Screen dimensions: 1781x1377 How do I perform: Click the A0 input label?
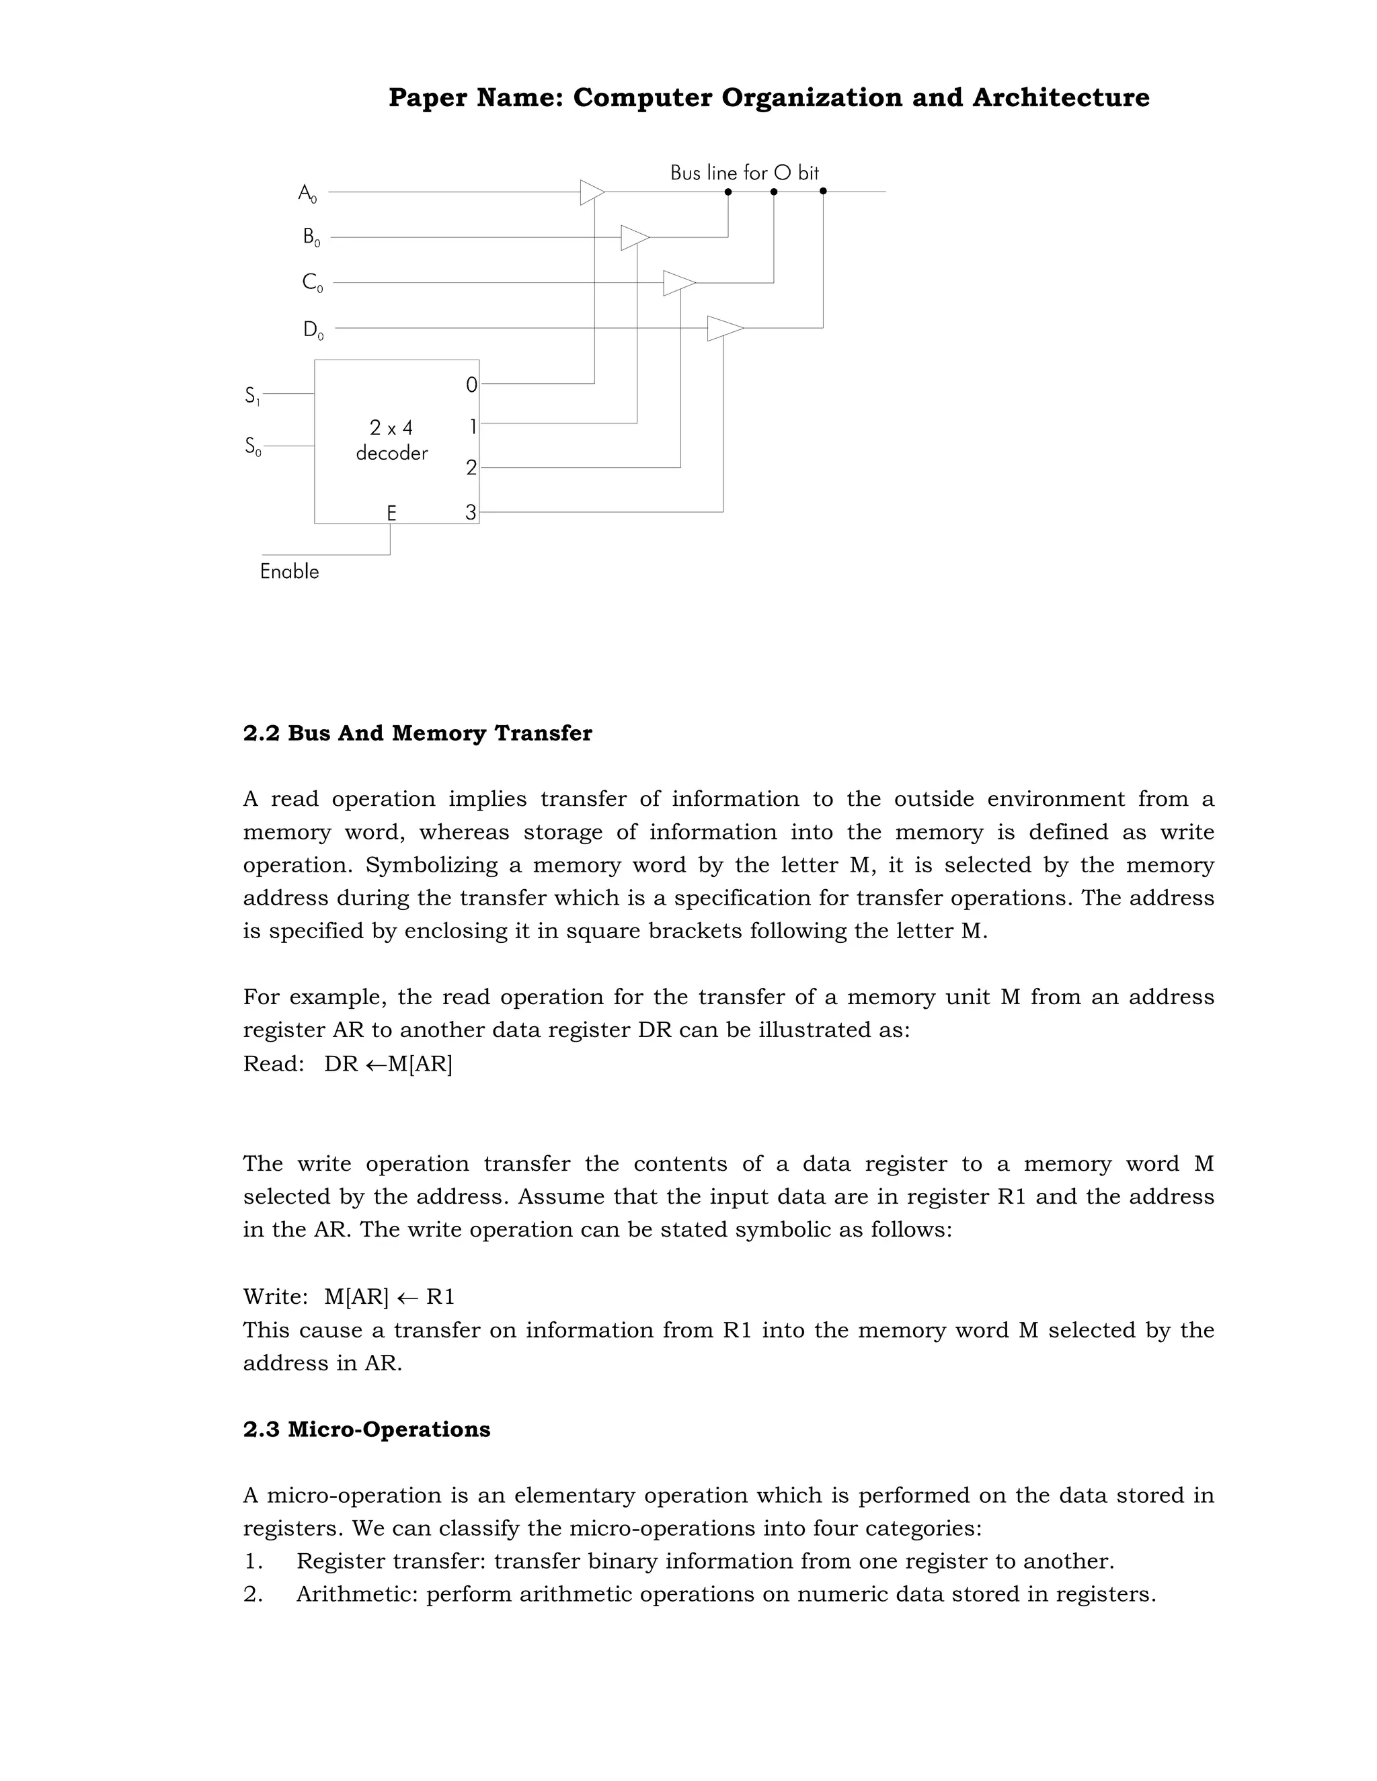coord(307,194)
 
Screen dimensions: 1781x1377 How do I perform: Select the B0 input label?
coord(311,238)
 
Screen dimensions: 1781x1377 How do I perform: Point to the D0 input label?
coord(313,329)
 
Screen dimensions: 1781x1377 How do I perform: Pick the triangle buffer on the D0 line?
coord(723,328)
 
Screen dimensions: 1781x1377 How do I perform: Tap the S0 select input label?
coord(253,447)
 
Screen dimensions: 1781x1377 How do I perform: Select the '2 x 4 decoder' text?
coord(391,440)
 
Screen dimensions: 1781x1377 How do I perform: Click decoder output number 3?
coord(471,513)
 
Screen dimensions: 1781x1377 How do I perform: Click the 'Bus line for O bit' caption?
coord(744,173)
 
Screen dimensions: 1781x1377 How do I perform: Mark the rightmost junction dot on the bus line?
coord(823,192)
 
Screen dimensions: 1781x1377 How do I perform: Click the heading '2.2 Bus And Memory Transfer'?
coord(417,733)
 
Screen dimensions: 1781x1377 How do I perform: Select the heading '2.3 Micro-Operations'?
coord(366,1430)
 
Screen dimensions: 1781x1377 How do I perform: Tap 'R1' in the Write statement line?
coord(440,1296)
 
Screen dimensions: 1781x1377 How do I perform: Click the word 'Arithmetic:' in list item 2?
coord(357,1594)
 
